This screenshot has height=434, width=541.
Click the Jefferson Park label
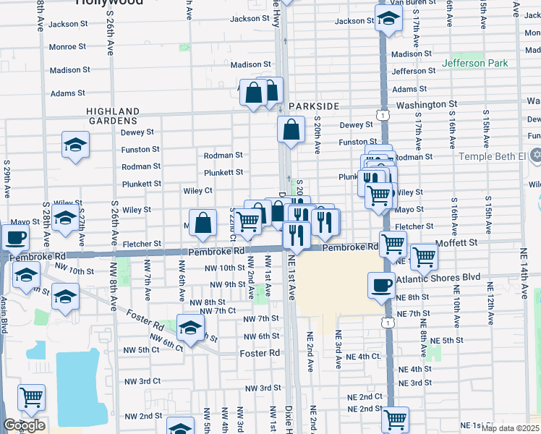(475, 63)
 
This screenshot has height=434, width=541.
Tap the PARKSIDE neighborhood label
(313, 106)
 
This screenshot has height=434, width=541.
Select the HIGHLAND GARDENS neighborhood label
(112, 116)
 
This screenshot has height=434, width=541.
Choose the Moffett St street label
(457, 243)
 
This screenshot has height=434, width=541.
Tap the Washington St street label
(430, 104)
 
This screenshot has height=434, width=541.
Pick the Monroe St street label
(68, 46)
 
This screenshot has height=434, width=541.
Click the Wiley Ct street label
(197, 191)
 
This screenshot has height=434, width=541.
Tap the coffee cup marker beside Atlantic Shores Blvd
(381, 285)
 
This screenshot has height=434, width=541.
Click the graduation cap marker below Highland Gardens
(75, 145)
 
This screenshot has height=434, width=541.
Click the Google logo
(25, 425)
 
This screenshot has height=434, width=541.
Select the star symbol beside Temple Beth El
(535, 156)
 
